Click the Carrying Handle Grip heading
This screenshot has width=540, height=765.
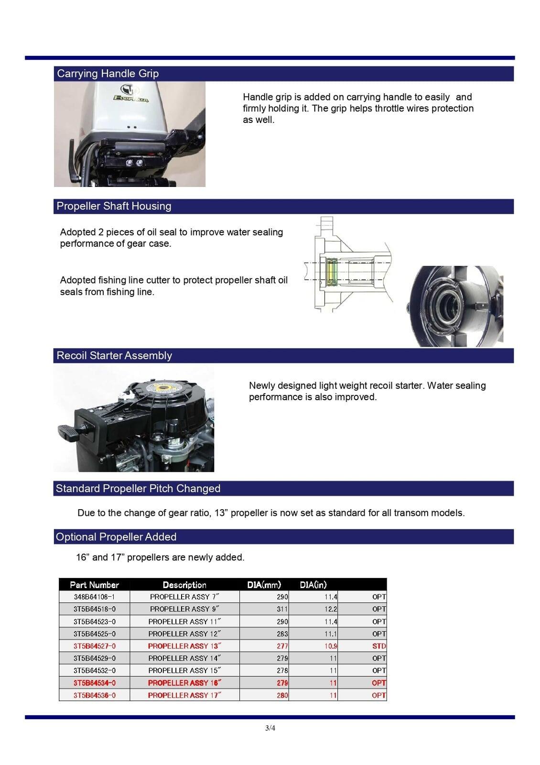click(x=108, y=74)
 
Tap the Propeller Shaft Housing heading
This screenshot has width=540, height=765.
click(x=114, y=206)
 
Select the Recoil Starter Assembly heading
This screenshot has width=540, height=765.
click(x=114, y=356)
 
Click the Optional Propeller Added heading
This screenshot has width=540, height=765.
click(x=116, y=537)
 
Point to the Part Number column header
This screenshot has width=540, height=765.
click(x=94, y=585)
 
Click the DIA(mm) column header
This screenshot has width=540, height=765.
click(x=264, y=585)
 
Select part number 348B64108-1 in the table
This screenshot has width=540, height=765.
click(x=94, y=597)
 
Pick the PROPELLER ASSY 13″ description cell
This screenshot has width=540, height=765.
click(x=184, y=646)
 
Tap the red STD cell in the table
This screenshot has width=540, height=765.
click(x=378, y=646)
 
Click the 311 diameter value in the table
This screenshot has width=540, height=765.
click(x=282, y=609)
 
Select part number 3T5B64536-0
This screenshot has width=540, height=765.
click(x=94, y=695)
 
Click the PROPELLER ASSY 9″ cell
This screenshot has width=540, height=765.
click(x=184, y=609)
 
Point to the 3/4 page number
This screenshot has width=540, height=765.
click(x=270, y=729)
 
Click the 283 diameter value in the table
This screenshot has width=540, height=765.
click(x=282, y=634)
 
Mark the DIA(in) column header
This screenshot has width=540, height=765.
click(x=313, y=585)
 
